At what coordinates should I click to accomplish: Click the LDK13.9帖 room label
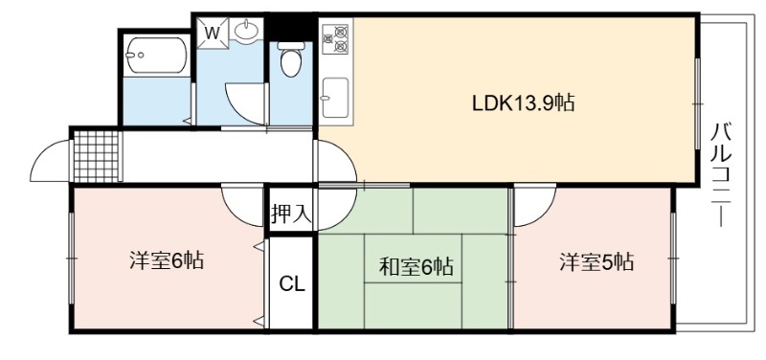523,103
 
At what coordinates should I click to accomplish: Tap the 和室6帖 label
417,267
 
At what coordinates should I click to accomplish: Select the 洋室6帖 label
167,260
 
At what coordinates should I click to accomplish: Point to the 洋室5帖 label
597,261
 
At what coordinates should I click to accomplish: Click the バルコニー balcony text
721,174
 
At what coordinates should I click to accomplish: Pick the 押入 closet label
292,214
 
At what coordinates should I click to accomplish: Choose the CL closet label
292,283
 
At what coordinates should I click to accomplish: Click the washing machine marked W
212,34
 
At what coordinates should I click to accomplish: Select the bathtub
157,55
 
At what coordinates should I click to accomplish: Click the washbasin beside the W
246,32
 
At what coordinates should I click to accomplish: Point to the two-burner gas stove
336,39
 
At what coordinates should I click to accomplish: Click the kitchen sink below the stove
336,98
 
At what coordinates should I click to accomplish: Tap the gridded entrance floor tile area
97,156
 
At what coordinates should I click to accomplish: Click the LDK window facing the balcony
698,103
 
